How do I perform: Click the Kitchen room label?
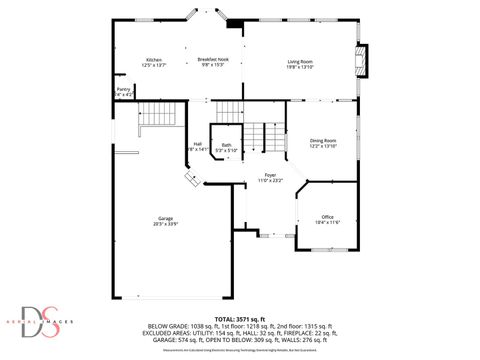pyautogui.click(x=154, y=59)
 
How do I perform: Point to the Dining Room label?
pyautogui.click(x=323, y=141)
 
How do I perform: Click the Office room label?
pyautogui.click(x=328, y=216)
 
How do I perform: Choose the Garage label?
pyautogui.click(x=165, y=218)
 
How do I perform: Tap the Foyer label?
pyautogui.click(x=270, y=174)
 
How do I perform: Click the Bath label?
pyautogui.click(x=227, y=145)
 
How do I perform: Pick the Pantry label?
pyautogui.click(x=123, y=89)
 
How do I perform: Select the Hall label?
pyautogui.click(x=198, y=144)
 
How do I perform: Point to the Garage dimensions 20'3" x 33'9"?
pyautogui.click(x=165, y=224)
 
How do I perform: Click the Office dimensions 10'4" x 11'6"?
pyautogui.click(x=328, y=222)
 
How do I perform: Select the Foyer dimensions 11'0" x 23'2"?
pyautogui.click(x=270, y=180)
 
